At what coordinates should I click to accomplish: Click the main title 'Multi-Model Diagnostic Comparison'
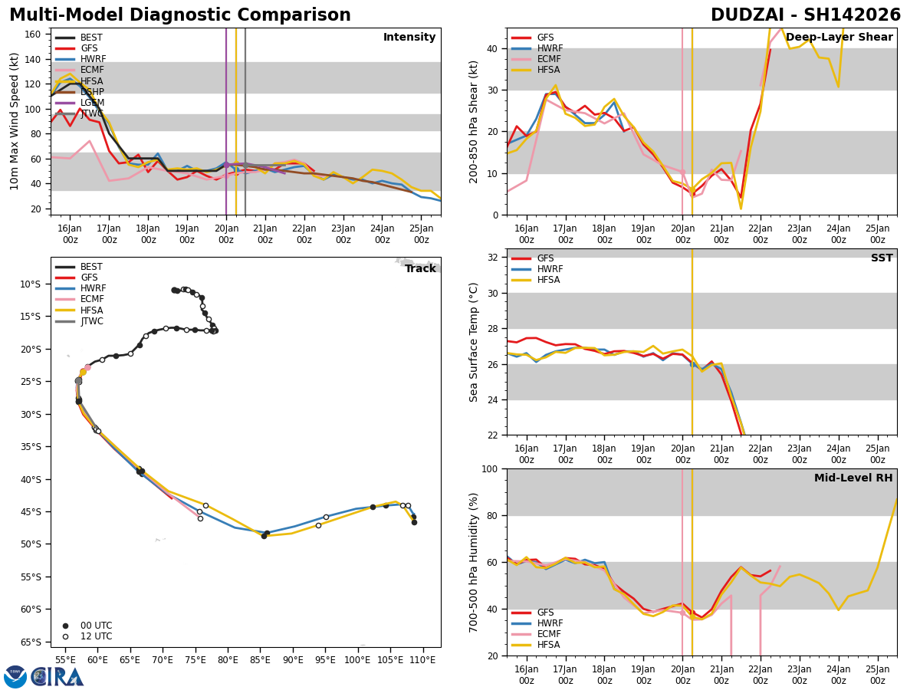[180, 15]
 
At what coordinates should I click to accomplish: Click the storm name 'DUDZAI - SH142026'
[806, 15]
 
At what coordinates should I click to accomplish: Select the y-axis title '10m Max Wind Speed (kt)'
[15, 121]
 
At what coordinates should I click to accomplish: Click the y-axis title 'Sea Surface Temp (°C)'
[475, 342]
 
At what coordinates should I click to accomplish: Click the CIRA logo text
[58, 676]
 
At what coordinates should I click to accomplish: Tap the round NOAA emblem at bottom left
[15, 676]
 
